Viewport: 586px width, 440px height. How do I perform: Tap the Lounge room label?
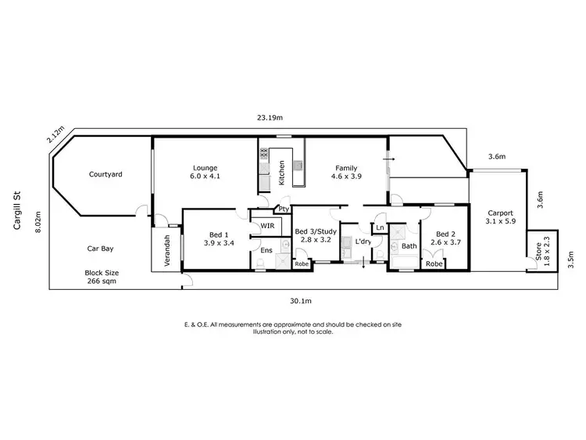click(x=205, y=167)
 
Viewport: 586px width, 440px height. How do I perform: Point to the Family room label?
click(x=346, y=167)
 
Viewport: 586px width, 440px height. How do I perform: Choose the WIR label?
click(x=267, y=226)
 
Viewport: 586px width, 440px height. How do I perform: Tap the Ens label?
click(x=266, y=250)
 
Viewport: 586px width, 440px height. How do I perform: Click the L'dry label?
click(x=363, y=242)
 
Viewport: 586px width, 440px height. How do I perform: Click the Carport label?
click(x=500, y=213)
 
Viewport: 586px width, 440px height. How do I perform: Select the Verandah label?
click(x=166, y=251)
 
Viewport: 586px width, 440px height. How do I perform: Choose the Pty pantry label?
click(x=283, y=209)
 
